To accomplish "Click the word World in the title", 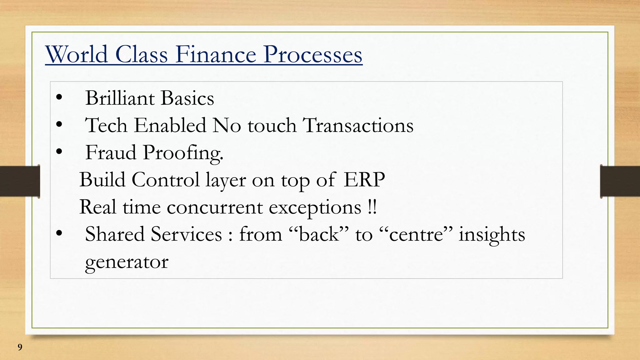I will tap(77, 54).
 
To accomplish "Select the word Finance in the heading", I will tap(216, 54).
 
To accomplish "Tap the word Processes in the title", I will tap(312, 55).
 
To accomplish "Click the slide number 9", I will tap(20, 347).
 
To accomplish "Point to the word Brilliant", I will tap(120, 98).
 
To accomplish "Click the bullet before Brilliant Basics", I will tap(59, 98).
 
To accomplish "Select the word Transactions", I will tap(358, 126).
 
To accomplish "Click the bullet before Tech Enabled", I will tap(59, 125).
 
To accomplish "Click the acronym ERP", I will tap(364, 180).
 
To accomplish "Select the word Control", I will tap(165, 180).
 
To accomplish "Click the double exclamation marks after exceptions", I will tap(372, 207).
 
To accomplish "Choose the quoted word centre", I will tap(416, 234).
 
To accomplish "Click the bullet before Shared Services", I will tap(59, 234).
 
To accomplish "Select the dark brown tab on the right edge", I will tap(620, 181).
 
